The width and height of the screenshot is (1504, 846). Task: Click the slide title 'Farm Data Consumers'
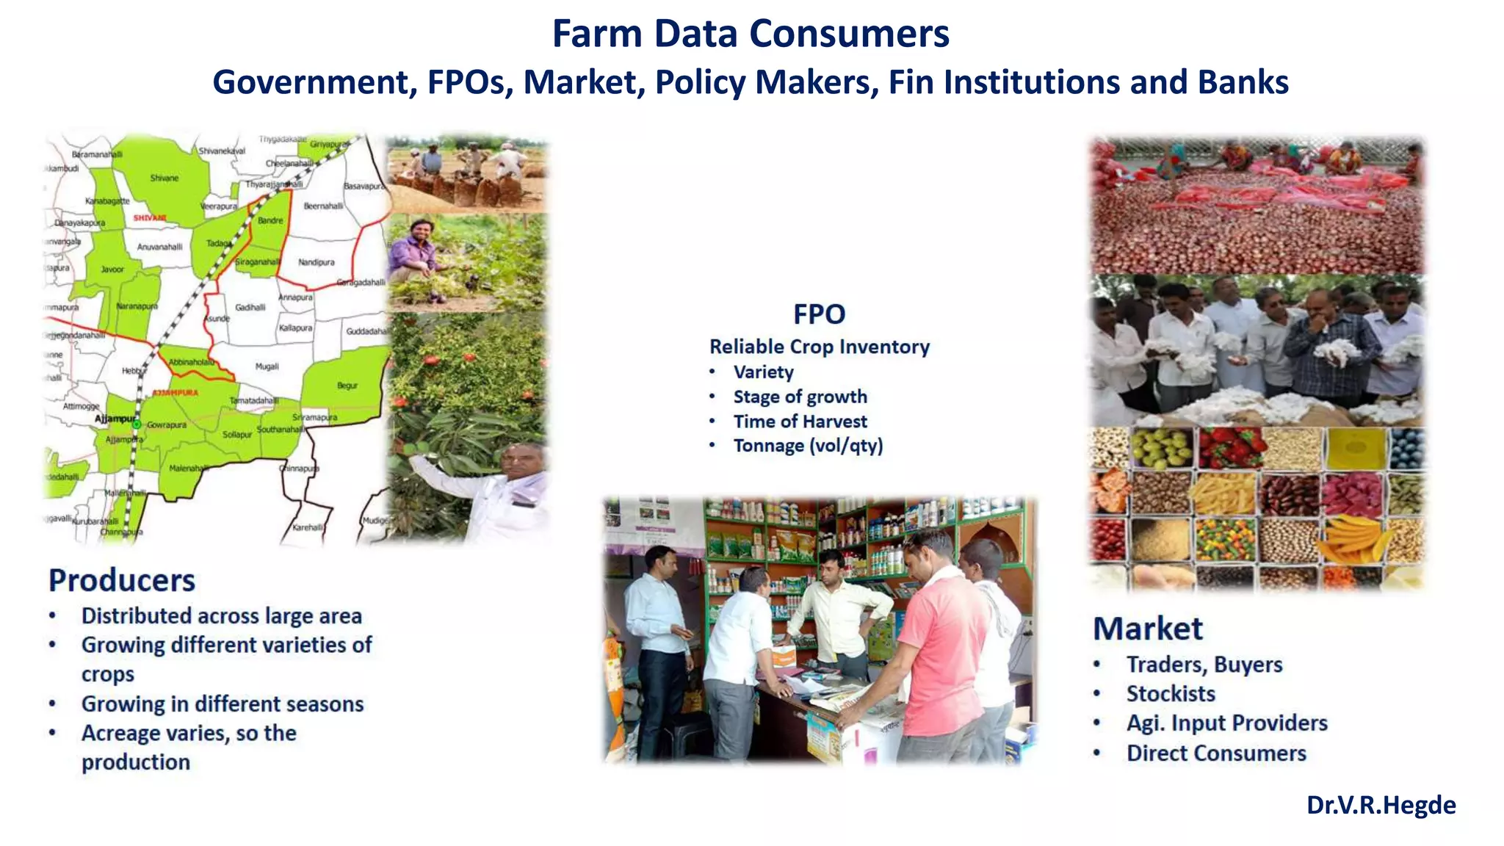point(751,34)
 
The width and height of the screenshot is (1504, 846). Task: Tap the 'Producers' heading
point(122,580)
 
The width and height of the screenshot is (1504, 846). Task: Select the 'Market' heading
point(1148,629)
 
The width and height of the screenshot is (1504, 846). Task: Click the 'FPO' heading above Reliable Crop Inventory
point(819,314)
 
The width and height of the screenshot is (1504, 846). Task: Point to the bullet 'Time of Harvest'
point(800,422)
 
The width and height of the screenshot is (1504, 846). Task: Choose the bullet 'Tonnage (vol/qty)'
point(808,446)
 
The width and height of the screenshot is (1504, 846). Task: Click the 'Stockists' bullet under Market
point(1171,693)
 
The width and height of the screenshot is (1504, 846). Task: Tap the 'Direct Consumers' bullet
point(1216,753)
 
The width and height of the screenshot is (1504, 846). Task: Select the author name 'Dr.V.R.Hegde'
point(1381,805)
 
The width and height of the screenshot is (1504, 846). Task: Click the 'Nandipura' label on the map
point(317,262)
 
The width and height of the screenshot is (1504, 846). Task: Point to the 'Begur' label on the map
point(347,385)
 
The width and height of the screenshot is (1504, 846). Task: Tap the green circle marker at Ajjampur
point(136,424)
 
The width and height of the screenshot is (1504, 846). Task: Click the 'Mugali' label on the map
point(267,366)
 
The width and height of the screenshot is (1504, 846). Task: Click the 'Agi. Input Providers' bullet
point(1226,723)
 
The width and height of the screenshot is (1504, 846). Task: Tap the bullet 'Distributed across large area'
point(221,615)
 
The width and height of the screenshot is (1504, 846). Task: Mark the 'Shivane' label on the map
point(164,178)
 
